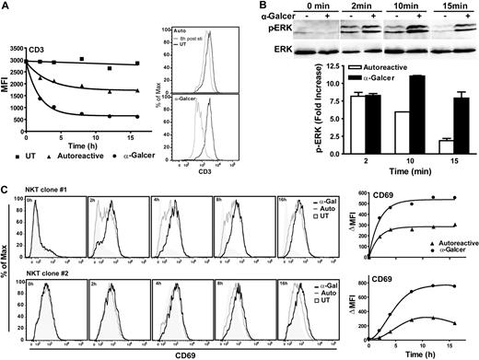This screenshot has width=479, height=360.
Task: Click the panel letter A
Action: (6, 6)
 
